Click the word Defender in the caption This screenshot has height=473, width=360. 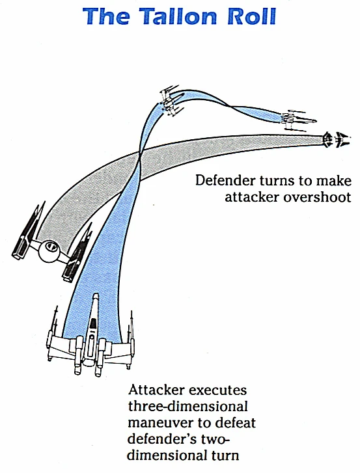[x=225, y=181]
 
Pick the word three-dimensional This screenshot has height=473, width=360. [x=187, y=407]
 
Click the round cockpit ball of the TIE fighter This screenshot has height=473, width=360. [x=49, y=251]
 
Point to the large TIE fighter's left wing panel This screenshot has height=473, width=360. [x=29, y=231]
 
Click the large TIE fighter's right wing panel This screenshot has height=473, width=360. [x=77, y=252]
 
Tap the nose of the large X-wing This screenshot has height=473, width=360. [x=95, y=297]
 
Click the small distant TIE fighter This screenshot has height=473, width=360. [x=337, y=139]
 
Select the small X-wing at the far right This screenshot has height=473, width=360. [x=298, y=120]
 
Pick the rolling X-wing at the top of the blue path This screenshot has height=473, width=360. [x=171, y=101]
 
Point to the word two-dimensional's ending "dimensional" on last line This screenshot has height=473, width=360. [x=183, y=455]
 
